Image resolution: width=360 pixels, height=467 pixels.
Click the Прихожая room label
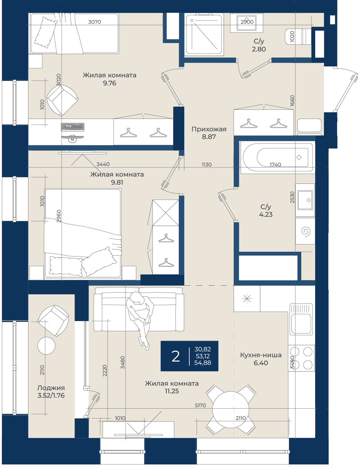click(209, 129)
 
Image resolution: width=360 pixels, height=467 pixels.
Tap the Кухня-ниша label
click(261, 355)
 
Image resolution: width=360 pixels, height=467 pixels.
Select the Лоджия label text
click(51, 388)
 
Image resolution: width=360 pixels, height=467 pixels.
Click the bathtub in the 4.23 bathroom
click(277, 157)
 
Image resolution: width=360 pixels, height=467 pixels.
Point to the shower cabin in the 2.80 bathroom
click(204, 34)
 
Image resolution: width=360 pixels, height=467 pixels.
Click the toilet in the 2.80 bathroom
click(298, 37)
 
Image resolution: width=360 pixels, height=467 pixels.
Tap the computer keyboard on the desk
click(73, 127)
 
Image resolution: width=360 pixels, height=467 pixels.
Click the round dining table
click(231, 410)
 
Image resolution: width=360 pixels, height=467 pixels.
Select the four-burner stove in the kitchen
click(301, 358)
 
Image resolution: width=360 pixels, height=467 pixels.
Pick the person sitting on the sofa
click(140, 319)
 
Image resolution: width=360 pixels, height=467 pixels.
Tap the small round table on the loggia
click(46, 346)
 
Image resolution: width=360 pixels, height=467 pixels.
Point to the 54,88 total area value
click(202, 363)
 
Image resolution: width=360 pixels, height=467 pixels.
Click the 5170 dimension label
click(200, 405)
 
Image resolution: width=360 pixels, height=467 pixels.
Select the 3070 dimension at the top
click(94, 22)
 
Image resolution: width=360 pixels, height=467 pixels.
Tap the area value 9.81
click(117, 182)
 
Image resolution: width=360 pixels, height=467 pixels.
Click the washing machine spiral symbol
click(306, 231)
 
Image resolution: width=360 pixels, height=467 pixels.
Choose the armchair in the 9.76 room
click(62, 100)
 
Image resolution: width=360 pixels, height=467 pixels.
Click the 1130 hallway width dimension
click(206, 165)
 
